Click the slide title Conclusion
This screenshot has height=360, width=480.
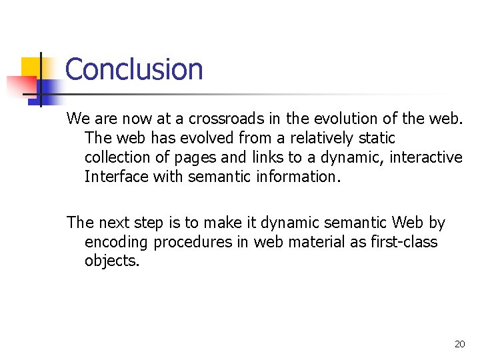[x=134, y=69]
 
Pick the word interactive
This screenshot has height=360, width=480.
[x=427, y=157]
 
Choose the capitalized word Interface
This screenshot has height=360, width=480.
[x=116, y=177]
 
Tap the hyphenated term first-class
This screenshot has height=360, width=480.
[x=400, y=242]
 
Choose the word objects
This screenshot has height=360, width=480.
[x=112, y=261]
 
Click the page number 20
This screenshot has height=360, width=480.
[x=459, y=344]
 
